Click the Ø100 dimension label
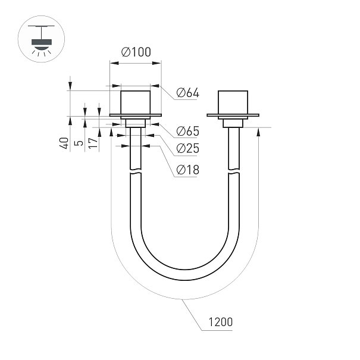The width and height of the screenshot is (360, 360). tap(136, 52)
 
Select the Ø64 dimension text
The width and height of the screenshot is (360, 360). tap(188, 93)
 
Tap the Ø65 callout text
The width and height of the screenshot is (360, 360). tap(188, 131)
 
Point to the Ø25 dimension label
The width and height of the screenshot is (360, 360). tap(188, 148)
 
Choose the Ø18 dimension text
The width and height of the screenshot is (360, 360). tap(188, 170)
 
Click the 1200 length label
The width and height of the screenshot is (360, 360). tap(220, 322)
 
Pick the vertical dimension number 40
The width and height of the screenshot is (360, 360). tap(64, 143)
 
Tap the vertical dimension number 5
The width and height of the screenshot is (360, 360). tap(79, 143)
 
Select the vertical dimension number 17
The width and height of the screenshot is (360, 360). tap(93, 143)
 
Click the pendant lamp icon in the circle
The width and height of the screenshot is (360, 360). tap(41, 39)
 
